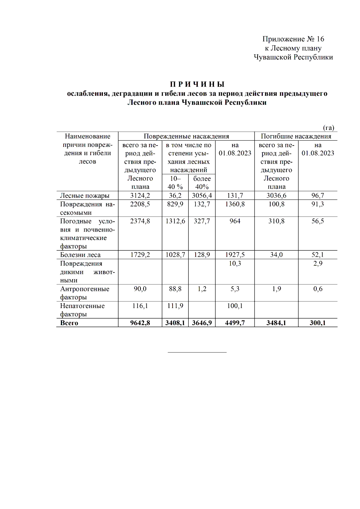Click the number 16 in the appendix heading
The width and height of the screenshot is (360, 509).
click(x=320, y=39)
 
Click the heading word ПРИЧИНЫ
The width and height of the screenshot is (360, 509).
click(x=197, y=84)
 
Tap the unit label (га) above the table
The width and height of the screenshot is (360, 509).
click(x=328, y=128)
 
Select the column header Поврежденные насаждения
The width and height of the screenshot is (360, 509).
click(x=186, y=136)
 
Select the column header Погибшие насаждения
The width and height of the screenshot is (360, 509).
click(x=296, y=136)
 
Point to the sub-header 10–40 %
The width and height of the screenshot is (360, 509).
click(x=175, y=183)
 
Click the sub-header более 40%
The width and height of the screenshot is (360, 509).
click(x=202, y=183)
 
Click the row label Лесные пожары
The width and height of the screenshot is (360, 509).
click(x=85, y=196)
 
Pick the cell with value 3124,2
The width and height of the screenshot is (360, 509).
click(x=140, y=196)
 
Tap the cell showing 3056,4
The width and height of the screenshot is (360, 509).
click(x=202, y=196)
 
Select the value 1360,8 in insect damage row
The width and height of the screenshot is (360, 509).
click(x=235, y=204)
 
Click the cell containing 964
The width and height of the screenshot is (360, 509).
click(x=235, y=221)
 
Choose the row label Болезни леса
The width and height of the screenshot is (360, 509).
click(x=80, y=255)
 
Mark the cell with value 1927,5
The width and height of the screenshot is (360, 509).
click(x=235, y=255)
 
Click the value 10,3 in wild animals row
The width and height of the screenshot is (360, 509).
click(x=235, y=264)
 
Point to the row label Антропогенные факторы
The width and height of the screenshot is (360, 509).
click(x=85, y=293)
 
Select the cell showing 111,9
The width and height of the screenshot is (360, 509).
click(x=175, y=306)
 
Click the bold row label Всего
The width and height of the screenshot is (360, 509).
click(x=69, y=323)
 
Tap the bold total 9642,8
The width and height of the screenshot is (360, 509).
click(x=140, y=323)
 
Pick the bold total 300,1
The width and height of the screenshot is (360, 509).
click(x=318, y=323)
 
